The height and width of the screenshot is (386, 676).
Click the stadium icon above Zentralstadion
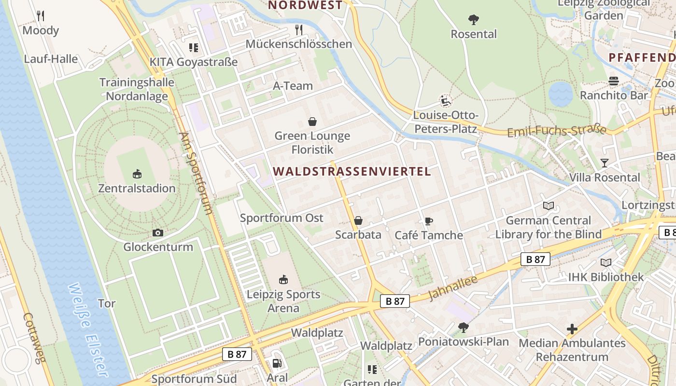(137, 174)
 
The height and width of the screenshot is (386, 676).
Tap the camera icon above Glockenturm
(157, 233)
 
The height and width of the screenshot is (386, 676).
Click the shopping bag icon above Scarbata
(358, 221)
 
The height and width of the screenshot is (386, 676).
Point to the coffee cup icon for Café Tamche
(428, 221)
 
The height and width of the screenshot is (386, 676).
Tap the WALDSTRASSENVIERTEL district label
(352, 171)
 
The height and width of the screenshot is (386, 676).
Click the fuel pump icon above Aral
(277, 363)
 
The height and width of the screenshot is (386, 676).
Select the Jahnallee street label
(452, 288)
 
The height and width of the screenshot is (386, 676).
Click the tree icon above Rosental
(474, 20)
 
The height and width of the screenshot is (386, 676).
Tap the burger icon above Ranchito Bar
(614, 81)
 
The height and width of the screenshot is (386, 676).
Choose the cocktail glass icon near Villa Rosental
(604, 163)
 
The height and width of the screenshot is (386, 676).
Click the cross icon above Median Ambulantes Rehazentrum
(572, 329)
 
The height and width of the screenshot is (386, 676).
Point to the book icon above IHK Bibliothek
(606, 263)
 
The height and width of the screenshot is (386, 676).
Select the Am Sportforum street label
(196, 173)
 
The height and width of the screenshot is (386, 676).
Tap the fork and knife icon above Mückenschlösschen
(299, 30)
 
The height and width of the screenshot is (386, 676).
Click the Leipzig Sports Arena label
(283, 301)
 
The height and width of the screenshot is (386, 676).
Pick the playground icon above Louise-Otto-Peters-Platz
(445, 101)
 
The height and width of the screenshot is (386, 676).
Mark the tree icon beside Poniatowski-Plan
(464, 328)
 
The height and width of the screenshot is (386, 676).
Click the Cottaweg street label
(34, 345)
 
